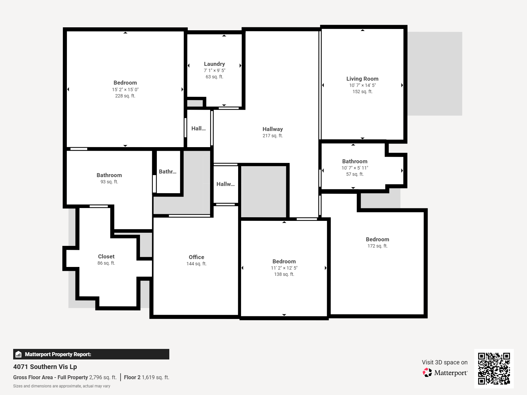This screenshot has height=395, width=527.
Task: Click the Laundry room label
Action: [214, 64]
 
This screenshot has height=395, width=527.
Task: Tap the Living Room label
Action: [362, 79]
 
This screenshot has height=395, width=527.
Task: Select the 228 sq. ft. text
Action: [125, 96]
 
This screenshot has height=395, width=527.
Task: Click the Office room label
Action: [196, 257]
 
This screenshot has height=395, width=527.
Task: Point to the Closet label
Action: [106, 256]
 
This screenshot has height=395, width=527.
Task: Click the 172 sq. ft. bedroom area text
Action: [377, 246]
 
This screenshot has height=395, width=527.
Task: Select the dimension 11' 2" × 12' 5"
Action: [284, 268]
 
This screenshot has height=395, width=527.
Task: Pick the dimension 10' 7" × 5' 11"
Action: [355, 168]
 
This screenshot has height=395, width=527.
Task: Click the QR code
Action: [494, 368]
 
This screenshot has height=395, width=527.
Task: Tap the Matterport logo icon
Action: [427, 373]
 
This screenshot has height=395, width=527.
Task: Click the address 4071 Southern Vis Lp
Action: [45, 367]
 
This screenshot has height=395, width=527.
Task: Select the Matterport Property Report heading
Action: [58, 355]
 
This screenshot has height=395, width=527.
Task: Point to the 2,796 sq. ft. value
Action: [103, 377]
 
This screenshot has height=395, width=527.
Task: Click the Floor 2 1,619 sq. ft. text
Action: [147, 377]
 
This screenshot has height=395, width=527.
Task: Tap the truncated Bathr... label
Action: [167, 171]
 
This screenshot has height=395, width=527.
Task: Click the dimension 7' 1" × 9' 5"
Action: [214, 70]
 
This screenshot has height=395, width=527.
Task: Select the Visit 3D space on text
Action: [444, 362]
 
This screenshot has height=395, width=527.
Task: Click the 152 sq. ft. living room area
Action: [362, 92]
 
